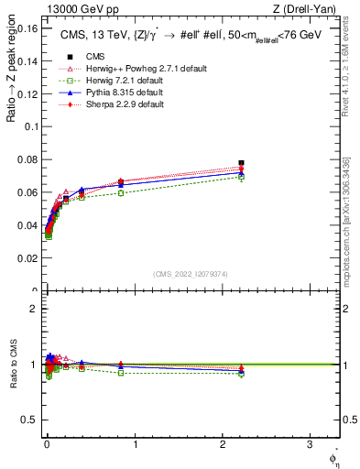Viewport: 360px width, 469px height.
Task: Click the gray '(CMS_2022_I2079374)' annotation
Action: [191, 274]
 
